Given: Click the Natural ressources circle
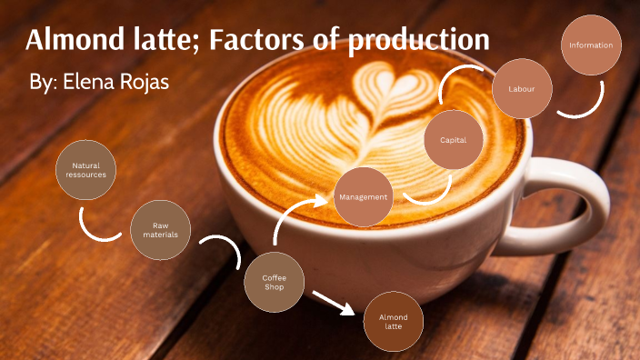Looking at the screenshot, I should point(85,169).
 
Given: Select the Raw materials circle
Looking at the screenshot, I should point(160,230).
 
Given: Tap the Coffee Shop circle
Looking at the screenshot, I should point(274,282).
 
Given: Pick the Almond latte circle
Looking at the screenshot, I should point(393,322).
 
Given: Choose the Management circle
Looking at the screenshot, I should point(363,196).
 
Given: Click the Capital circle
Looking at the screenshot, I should point(454,140).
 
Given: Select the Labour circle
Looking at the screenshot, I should point(522,89).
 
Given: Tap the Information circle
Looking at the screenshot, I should point(591,45).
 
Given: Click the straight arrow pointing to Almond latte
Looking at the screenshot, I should point(332,302).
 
